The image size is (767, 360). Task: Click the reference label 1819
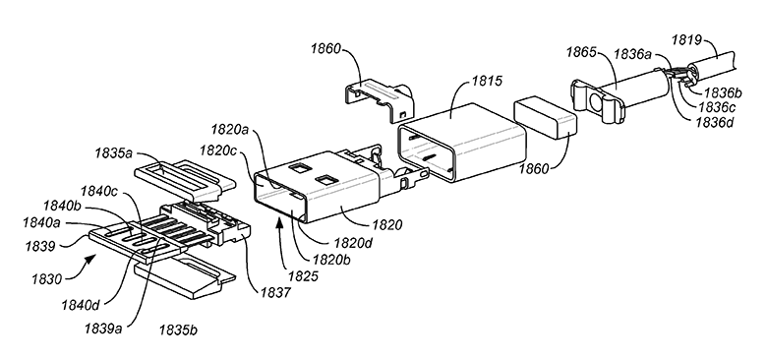pyautogui.click(x=686, y=39)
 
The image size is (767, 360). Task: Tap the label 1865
pyautogui.click(x=582, y=52)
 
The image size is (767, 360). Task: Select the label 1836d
pyautogui.click(x=715, y=121)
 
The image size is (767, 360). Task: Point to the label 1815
pyautogui.click(x=486, y=81)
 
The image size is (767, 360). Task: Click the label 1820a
pyautogui.click(x=230, y=130)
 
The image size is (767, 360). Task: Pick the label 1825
pyautogui.click(x=303, y=275)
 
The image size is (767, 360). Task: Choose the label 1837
pyautogui.click(x=274, y=292)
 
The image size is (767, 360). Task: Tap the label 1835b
pyautogui.click(x=178, y=330)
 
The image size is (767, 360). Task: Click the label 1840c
pyautogui.click(x=99, y=190)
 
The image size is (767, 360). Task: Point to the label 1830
pyautogui.click(x=47, y=279)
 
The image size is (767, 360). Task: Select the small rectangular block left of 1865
pyautogui.click(x=546, y=115)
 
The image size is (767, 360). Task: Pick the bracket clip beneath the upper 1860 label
pyautogui.click(x=380, y=100)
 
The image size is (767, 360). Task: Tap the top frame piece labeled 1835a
pyautogui.click(x=185, y=180)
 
